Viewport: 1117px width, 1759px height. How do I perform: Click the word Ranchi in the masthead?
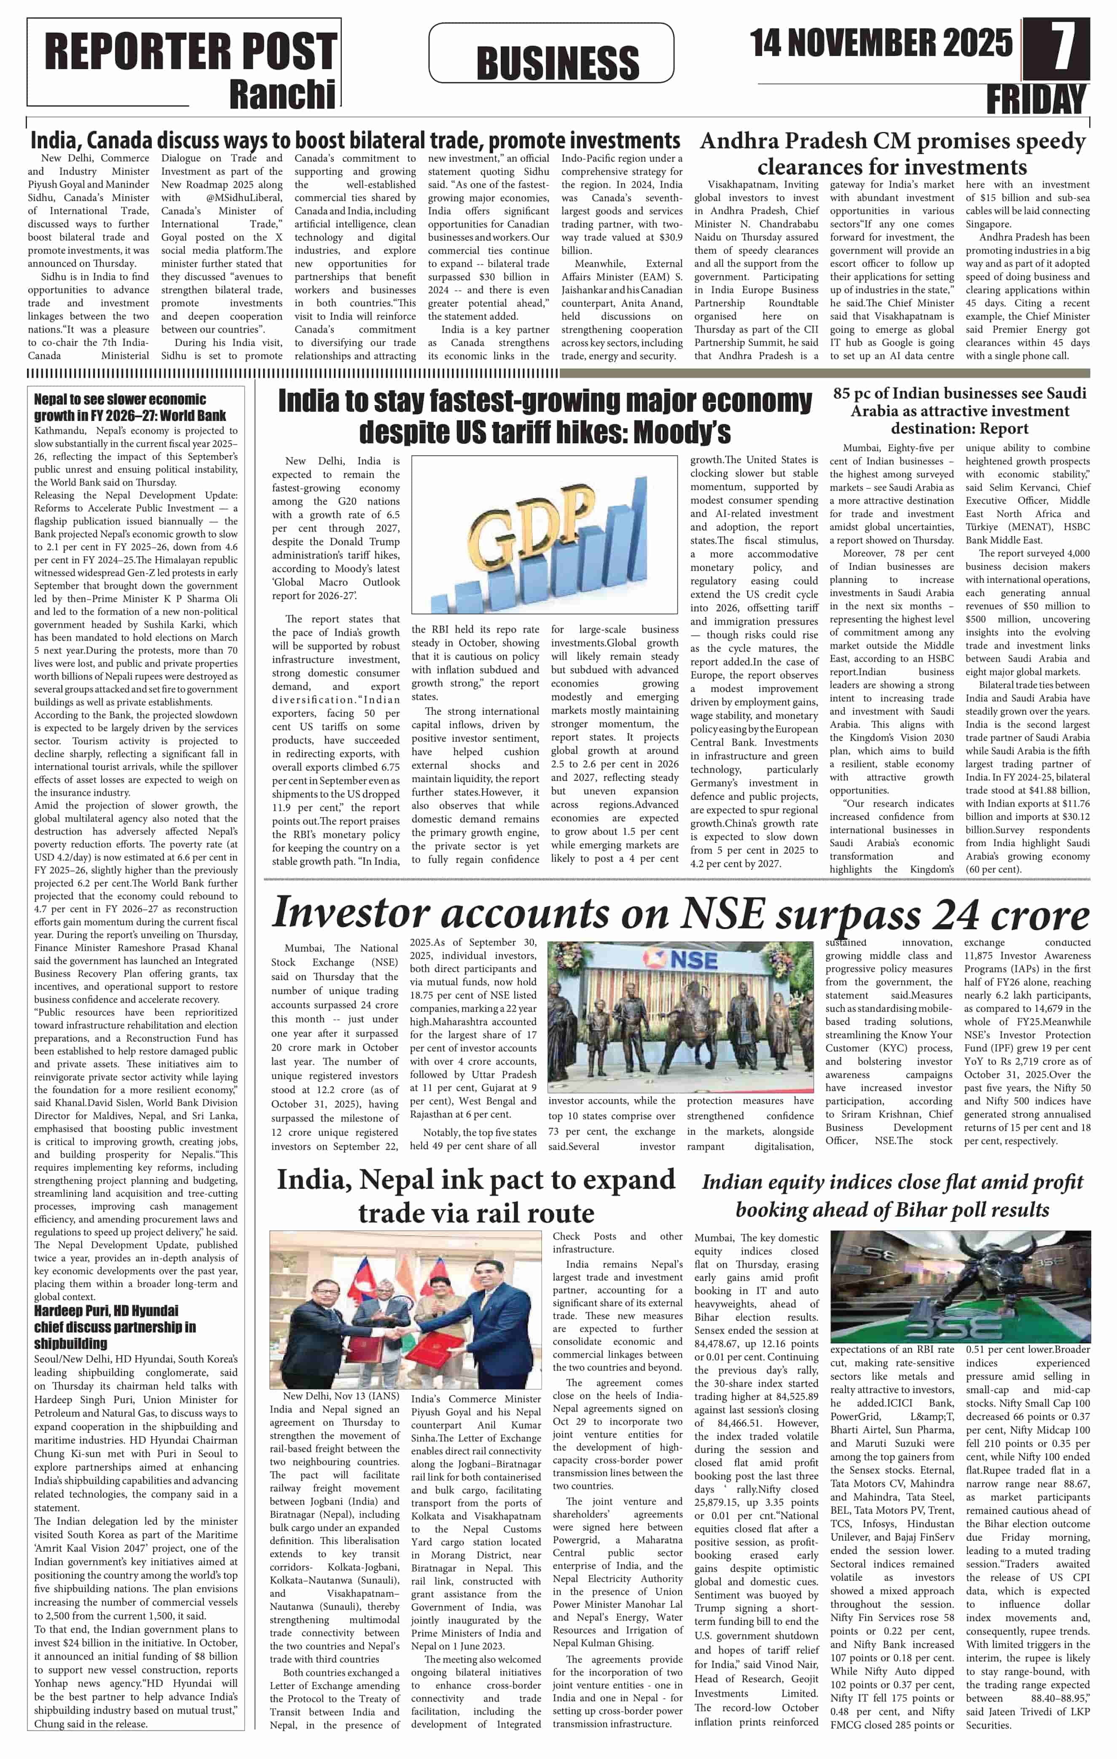click(282, 94)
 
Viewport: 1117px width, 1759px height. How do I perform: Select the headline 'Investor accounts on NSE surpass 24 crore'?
click(679, 914)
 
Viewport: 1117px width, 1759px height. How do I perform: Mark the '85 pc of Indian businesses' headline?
click(959, 410)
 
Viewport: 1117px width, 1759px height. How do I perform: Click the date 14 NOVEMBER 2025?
click(880, 44)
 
